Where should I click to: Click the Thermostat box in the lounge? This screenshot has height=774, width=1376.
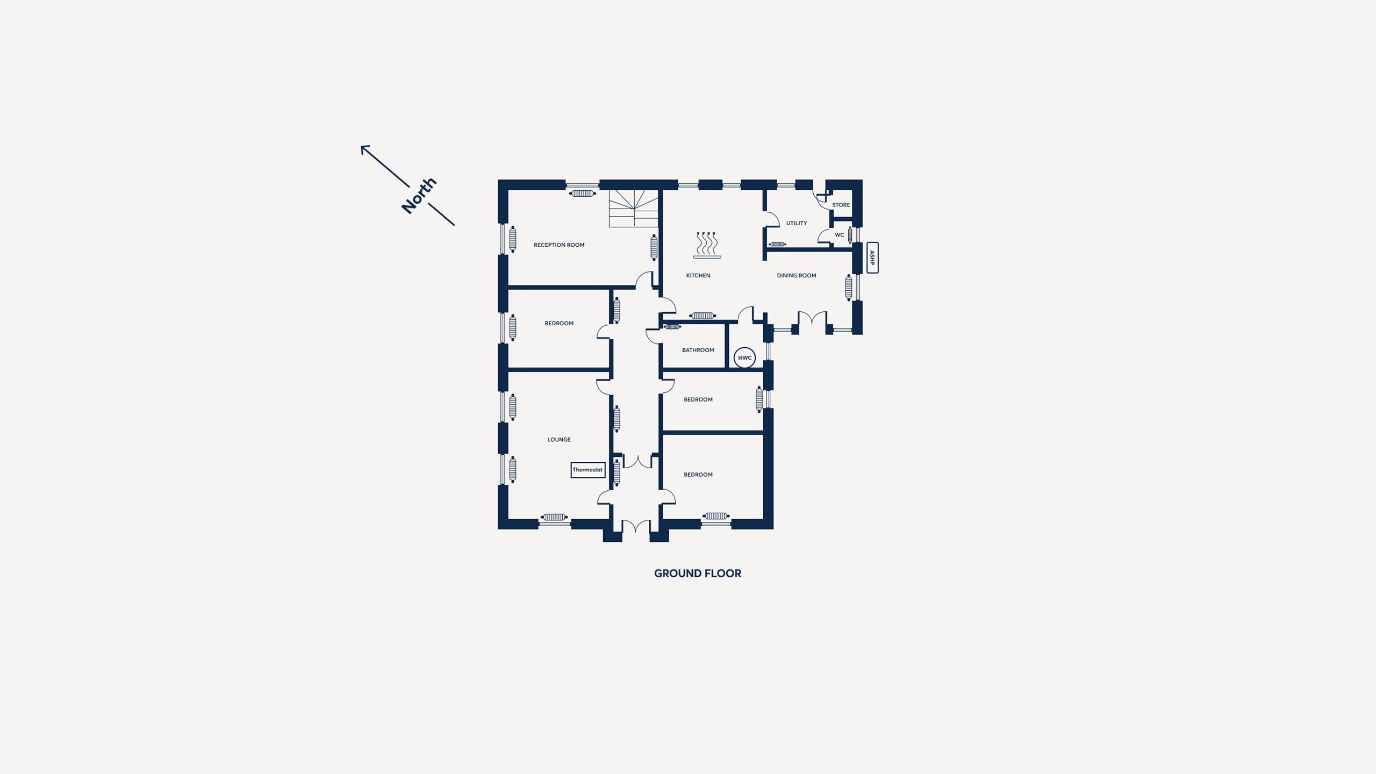[587, 470]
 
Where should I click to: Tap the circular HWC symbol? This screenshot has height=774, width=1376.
[744, 358]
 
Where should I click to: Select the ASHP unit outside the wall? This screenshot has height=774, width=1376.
[872, 258]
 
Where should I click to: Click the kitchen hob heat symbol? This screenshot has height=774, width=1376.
[707, 245]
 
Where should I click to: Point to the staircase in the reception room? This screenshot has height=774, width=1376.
[634, 208]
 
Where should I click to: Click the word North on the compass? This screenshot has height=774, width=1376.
[419, 196]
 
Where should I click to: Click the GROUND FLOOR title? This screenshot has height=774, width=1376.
[697, 574]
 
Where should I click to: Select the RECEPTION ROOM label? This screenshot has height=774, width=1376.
[559, 245]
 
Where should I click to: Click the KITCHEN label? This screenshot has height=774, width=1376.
[698, 276]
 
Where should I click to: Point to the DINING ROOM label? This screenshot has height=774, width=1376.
[797, 276]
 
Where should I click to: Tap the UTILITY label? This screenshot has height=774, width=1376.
[797, 224]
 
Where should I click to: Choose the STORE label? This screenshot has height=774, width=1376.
[841, 205]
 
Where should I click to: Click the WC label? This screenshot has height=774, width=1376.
[840, 235]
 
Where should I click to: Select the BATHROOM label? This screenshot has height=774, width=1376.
[698, 350]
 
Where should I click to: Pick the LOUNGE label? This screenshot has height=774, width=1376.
[559, 440]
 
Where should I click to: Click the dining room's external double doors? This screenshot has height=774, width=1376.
[812, 320]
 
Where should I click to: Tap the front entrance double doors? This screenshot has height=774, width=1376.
[636, 527]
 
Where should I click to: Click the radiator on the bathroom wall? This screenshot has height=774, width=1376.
[672, 327]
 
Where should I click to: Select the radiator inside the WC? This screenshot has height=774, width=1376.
[850, 235]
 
